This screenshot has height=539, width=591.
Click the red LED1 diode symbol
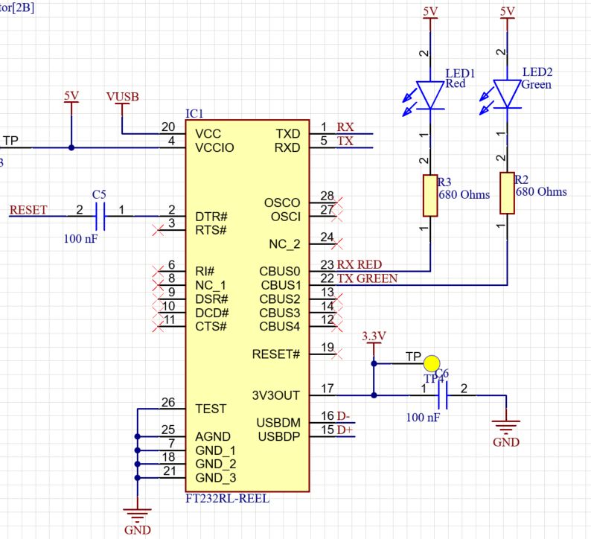[430, 95]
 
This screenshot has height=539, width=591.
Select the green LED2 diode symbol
[507, 95]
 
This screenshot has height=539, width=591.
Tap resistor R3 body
[430, 196]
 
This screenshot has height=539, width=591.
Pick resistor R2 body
[507, 193]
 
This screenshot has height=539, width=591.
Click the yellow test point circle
[431, 363]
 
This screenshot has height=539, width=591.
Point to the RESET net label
[28, 211]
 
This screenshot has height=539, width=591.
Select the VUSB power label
[122, 98]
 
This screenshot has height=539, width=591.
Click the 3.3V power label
[374, 337]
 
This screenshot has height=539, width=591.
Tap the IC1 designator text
[194, 113]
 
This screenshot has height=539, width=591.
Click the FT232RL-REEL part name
[227, 499]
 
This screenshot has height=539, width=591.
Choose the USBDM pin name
[278, 422]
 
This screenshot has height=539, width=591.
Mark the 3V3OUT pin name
[276, 395]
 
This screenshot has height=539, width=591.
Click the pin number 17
[327, 388]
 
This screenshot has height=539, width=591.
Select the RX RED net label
[360, 264]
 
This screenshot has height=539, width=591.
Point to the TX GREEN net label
[367, 278]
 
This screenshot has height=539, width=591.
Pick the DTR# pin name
[211, 217]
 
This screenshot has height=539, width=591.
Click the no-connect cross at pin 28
[339, 202]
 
